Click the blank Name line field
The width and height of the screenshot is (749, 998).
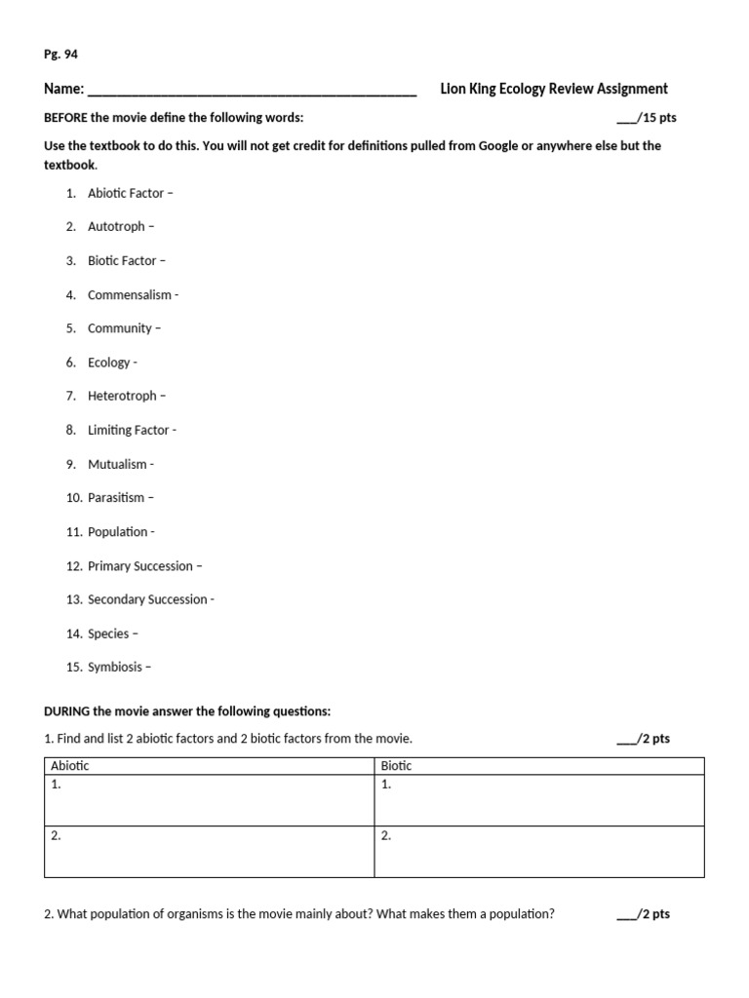(x=252, y=91)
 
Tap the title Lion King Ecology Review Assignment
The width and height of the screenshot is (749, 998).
(x=554, y=89)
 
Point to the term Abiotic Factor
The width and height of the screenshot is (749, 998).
(x=126, y=193)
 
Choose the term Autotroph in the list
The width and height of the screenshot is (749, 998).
(x=116, y=227)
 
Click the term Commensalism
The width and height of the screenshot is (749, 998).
(x=129, y=294)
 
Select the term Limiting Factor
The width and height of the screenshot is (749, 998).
(x=129, y=430)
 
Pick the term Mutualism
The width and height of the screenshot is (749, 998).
(x=117, y=464)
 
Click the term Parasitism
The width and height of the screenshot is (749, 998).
(x=116, y=498)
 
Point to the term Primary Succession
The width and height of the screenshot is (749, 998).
(x=140, y=566)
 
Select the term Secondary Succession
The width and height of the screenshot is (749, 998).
(x=147, y=599)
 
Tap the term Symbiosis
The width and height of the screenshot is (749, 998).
(x=115, y=668)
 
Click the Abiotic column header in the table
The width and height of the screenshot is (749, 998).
(x=69, y=766)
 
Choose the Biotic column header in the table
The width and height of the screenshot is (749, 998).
(x=396, y=766)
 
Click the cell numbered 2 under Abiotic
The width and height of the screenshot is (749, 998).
(x=210, y=851)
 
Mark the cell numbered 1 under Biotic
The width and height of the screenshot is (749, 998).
(x=538, y=800)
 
